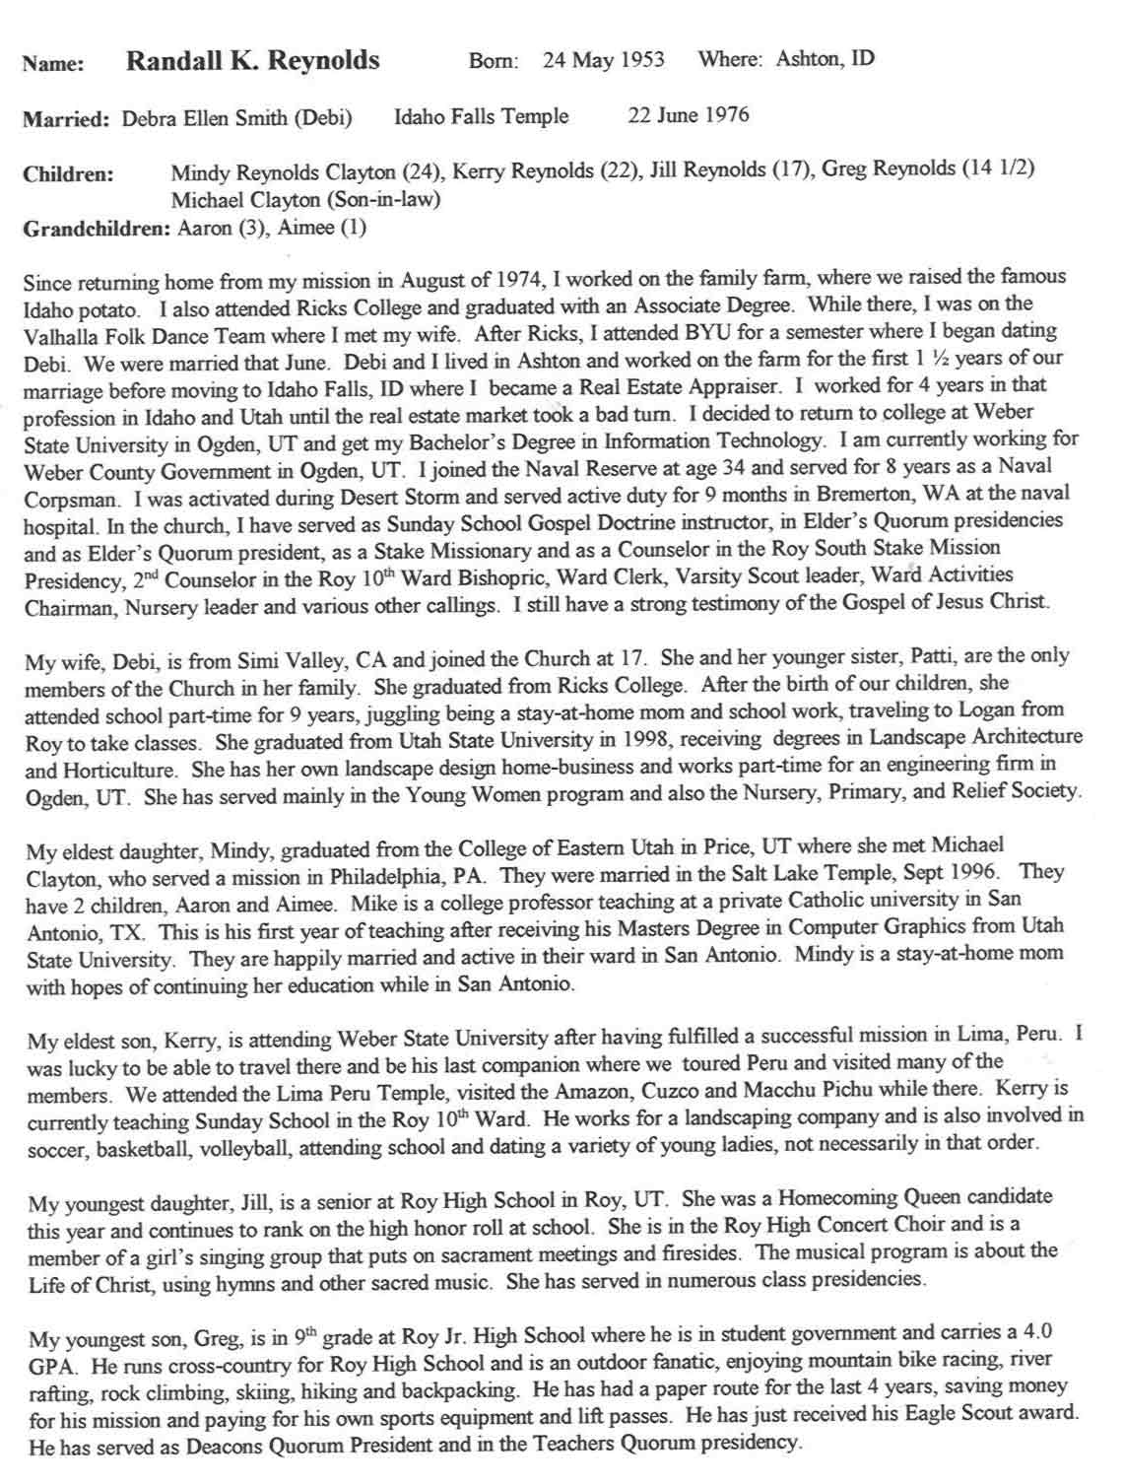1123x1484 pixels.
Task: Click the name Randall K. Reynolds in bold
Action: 252,61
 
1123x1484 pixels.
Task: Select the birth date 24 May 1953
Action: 603,60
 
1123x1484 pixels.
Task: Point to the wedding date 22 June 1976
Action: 689,115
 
